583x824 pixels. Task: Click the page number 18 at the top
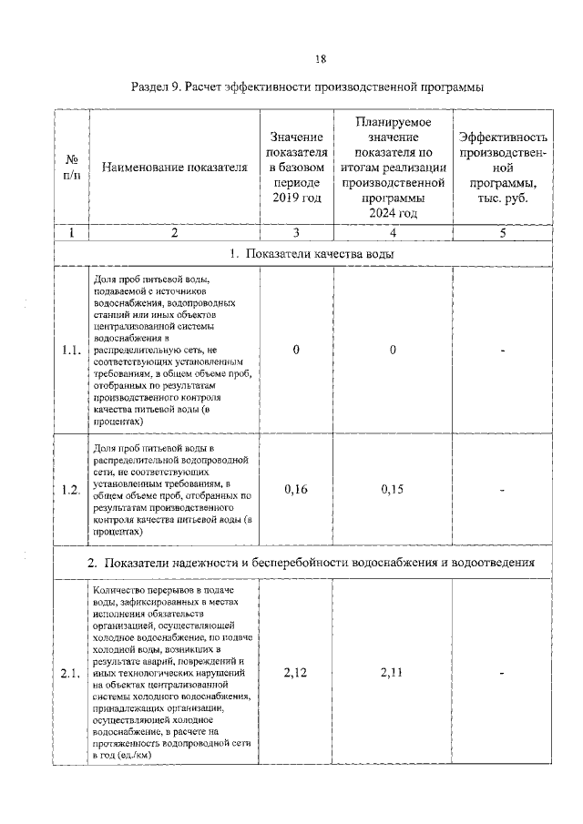point(320,59)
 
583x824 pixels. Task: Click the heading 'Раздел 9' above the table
point(306,87)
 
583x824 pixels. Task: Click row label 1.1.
point(72,351)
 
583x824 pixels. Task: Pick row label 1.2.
point(72,490)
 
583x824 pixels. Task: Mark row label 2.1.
point(72,674)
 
